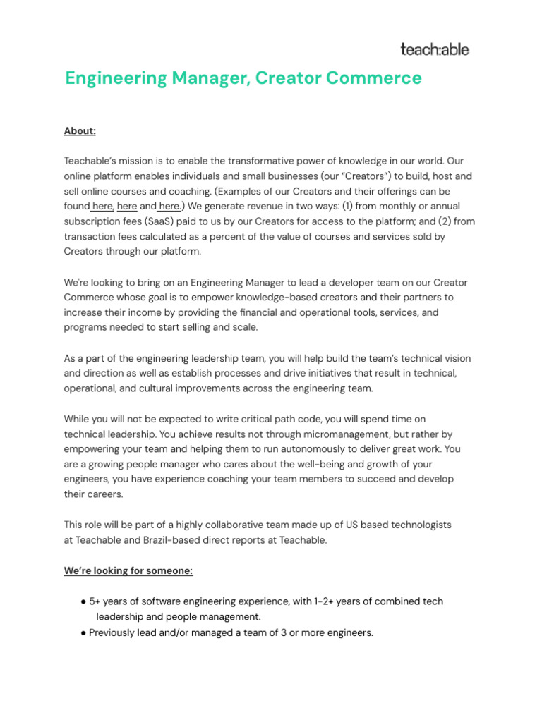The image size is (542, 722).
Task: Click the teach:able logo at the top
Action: (x=434, y=49)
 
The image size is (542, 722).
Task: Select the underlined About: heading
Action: (x=80, y=131)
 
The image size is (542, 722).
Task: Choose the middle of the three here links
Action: (x=127, y=206)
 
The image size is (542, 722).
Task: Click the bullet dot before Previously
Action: (x=83, y=633)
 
